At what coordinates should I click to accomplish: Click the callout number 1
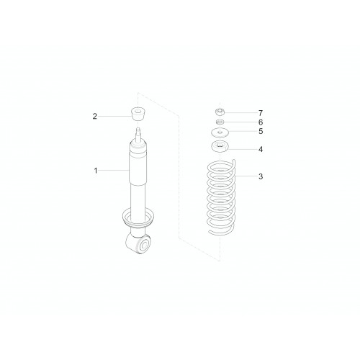click(x=96, y=171)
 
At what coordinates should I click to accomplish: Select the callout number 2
click(x=95, y=117)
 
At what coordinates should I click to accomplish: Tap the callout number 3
click(x=261, y=176)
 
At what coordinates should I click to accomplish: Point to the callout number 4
click(x=261, y=149)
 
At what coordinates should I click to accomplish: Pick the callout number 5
click(x=261, y=132)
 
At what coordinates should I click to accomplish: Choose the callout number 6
click(x=261, y=122)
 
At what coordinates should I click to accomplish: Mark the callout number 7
click(x=261, y=113)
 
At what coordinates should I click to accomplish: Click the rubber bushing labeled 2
click(x=139, y=115)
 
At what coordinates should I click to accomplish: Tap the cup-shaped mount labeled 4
click(x=220, y=147)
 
